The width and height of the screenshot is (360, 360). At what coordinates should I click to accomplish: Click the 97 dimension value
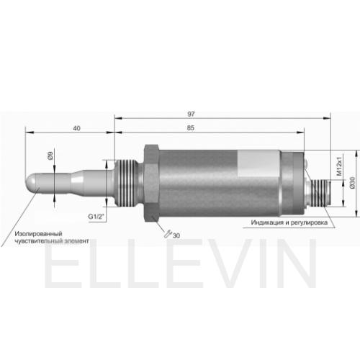pos(191,114)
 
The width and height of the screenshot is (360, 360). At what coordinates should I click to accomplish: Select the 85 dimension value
pos(190,128)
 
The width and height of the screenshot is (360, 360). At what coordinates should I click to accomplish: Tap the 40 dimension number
pos(76,128)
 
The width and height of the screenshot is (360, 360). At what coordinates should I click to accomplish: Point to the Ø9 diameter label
pos(50,156)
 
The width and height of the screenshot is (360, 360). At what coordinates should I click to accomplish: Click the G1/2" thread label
pos(96,217)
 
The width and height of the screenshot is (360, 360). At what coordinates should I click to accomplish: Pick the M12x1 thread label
pos(339,166)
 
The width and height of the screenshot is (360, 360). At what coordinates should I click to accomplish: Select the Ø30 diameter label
pos(352,183)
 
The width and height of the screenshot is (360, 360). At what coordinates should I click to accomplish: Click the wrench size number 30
pos(176,235)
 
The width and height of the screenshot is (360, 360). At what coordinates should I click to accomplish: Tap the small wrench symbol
pos(168,234)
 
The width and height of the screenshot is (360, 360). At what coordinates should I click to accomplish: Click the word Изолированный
pos(39,234)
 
